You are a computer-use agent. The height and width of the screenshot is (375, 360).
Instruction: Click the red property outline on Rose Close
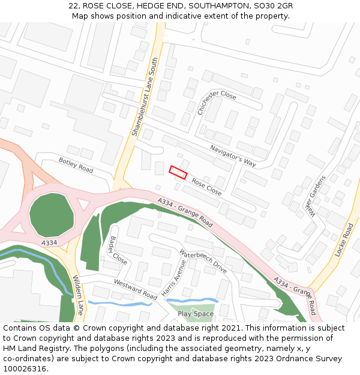178,172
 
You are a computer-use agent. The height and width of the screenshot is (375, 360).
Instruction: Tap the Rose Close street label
206,187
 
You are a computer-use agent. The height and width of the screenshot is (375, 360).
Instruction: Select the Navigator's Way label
233,155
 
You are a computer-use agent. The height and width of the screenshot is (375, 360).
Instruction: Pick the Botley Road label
76,165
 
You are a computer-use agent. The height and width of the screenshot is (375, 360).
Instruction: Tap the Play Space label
196,313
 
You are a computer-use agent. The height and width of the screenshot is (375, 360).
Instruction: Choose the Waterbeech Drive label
203,261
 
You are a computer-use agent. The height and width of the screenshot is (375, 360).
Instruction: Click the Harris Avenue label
174,278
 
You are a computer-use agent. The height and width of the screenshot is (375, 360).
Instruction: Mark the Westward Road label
135,290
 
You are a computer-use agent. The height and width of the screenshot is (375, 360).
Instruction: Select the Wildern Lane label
79,295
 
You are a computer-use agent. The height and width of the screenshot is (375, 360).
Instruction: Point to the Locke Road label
345,240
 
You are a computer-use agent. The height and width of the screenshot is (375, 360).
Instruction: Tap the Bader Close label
118,250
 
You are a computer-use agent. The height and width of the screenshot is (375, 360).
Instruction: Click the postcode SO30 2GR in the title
273,6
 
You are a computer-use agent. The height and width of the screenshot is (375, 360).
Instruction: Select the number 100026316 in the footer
25,368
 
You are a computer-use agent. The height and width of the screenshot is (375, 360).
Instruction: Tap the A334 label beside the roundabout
50,242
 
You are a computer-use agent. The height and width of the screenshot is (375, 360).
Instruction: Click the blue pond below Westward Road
119,304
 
